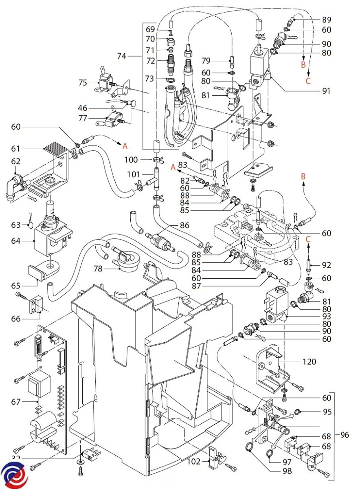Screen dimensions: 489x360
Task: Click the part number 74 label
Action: click(x=122, y=56)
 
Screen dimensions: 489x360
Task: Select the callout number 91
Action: click(x=325, y=91)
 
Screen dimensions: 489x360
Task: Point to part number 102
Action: click(x=194, y=462)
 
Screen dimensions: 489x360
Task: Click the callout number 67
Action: click(x=16, y=402)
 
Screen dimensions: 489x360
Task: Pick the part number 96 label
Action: click(x=345, y=435)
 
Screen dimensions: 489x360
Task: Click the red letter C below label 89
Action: click(x=308, y=81)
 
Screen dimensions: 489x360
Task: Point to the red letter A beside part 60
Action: click(x=125, y=145)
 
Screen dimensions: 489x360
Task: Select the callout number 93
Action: click(x=326, y=316)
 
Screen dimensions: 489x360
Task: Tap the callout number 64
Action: click(x=16, y=241)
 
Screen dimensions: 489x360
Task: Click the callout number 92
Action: click(x=326, y=265)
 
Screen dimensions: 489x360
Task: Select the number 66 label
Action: click(x=16, y=319)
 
